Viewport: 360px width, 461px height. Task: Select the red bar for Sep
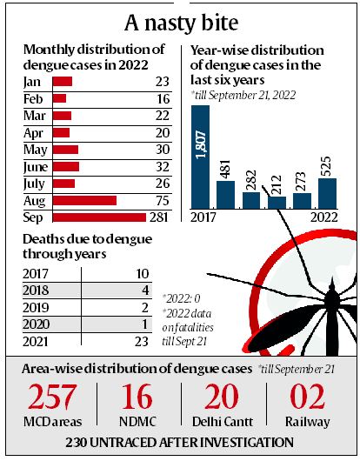tap(98, 217)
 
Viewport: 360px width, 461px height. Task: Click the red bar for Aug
tap(84, 200)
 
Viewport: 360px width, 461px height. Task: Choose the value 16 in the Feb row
tap(162, 99)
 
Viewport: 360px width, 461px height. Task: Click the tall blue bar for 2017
tap(200, 157)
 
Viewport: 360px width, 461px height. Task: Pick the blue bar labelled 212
tap(277, 203)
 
